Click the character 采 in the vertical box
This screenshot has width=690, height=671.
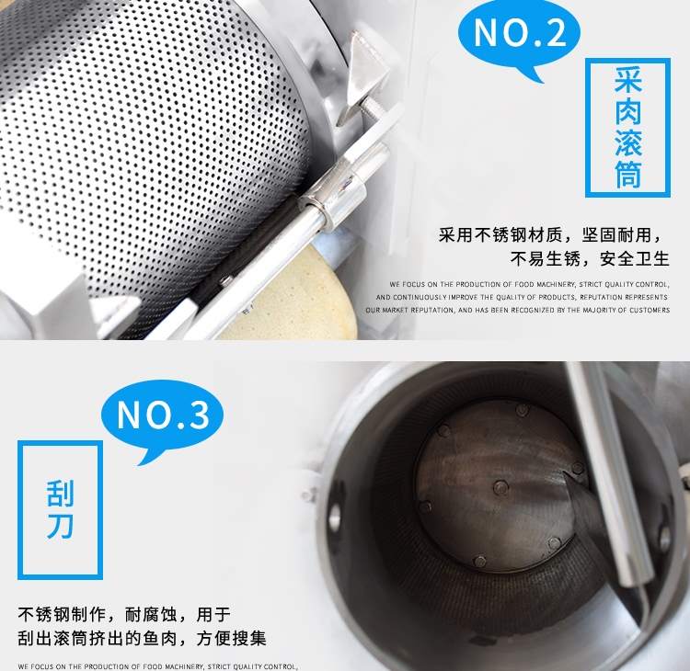[x=627, y=81]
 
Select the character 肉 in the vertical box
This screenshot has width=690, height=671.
[x=627, y=111]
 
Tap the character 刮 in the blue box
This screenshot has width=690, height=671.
[x=60, y=494]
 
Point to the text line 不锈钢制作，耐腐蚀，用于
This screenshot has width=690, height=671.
[x=124, y=614]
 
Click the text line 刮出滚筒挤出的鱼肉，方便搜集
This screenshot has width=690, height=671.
[x=142, y=638]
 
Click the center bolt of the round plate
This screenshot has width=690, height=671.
[x=501, y=487]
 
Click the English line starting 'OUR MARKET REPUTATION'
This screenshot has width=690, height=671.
[x=517, y=311]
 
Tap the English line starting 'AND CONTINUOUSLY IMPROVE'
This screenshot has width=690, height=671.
[x=522, y=298]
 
